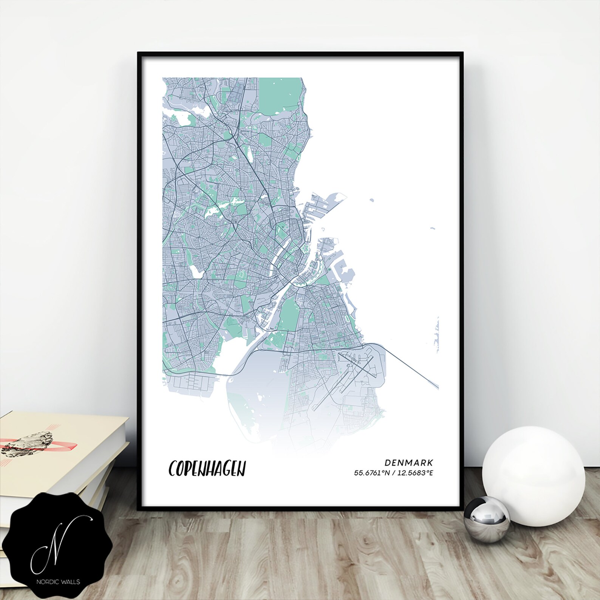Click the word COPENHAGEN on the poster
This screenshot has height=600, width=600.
(207, 469)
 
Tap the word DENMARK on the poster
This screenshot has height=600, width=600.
(409, 462)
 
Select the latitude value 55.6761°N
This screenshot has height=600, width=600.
(371, 473)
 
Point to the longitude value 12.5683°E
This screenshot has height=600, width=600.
(414, 473)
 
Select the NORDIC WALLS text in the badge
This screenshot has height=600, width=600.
(58, 582)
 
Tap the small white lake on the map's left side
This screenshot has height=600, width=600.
(196, 271)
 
